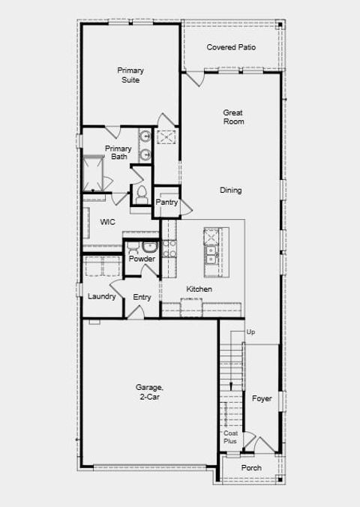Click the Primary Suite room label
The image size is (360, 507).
[130, 75]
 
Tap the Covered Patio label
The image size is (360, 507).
[231, 47]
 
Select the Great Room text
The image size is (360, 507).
[233, 116]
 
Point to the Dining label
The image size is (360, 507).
[231, 190]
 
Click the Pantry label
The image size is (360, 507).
[166, 202]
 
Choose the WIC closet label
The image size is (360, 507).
[106, 222]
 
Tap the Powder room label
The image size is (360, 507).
[142, 259]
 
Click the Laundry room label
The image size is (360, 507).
[101, 296]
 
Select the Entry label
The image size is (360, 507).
[142, 297]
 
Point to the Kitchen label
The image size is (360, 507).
[199, 289]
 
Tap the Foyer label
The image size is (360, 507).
[262, 398]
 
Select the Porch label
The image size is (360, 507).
[251, 468]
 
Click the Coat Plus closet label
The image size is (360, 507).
[230, 437]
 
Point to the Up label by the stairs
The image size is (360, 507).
[251, 331]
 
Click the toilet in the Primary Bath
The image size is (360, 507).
[140, 193]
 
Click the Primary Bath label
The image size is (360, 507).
[118, 152]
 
